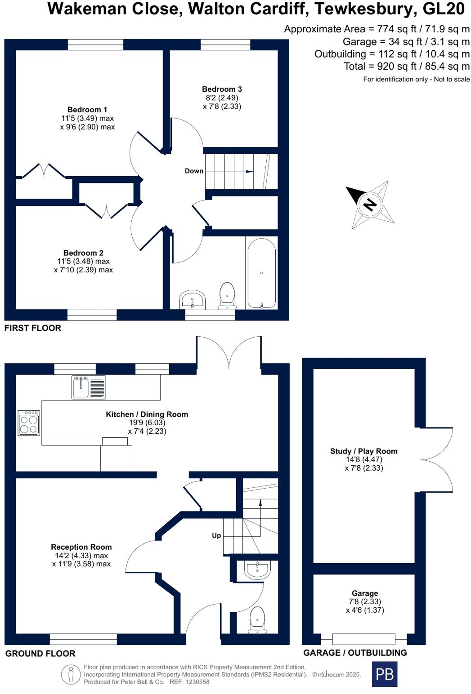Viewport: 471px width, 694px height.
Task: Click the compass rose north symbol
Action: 370,205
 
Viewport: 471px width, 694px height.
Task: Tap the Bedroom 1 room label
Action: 87,110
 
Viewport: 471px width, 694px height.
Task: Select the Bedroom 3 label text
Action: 222,89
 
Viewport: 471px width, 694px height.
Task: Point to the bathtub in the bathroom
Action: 261,273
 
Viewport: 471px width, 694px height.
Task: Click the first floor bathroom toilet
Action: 227,296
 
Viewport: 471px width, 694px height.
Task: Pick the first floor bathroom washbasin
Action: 193,300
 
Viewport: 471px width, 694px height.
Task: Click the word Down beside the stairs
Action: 194,171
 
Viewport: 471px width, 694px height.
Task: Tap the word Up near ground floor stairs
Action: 216,535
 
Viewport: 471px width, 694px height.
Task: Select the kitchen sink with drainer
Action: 89,387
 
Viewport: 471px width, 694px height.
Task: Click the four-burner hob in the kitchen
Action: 29,423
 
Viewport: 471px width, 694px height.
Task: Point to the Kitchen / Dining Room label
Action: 147,414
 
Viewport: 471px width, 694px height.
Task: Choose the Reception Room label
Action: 81,547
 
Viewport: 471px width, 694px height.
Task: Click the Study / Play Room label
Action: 363,451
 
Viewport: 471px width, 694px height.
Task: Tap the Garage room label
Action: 364,593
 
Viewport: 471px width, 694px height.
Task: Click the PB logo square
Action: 385,674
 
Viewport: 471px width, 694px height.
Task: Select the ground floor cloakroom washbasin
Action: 257,569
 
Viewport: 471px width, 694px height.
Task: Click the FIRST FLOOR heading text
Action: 33,328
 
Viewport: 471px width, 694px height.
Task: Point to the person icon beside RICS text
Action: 71,674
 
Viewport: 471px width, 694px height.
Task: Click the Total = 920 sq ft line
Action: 406,67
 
